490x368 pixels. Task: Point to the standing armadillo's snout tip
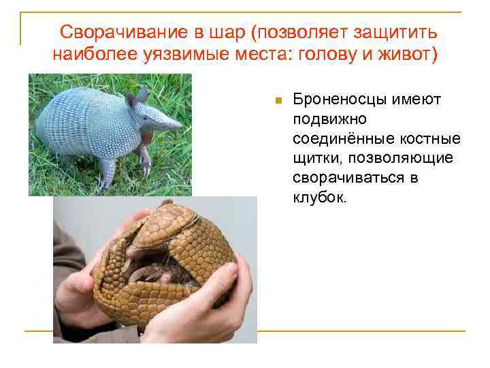click(180, 125)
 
